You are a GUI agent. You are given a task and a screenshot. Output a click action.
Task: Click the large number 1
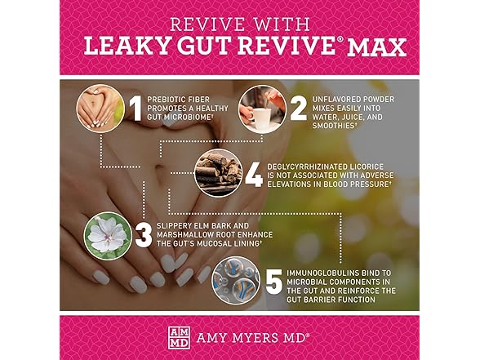tap(136, 109)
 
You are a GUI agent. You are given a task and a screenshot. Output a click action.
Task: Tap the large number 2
tap(298, 109)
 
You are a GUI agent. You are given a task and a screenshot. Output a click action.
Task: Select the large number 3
tap(144, 235)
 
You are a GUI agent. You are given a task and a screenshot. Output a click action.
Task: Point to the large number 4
tap(254, 176)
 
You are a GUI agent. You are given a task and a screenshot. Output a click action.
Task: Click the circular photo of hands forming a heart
tap(100, 109)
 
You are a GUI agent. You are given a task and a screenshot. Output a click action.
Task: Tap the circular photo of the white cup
tap(263, 109)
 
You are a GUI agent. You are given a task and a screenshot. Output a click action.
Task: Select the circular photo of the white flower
tap(108, 236)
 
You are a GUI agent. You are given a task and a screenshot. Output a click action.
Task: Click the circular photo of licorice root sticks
tap(219, 173)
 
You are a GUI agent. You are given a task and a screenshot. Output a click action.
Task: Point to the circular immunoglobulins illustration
tap(237, 281)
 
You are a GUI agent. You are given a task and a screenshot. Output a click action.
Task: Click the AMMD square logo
tap(179, 338)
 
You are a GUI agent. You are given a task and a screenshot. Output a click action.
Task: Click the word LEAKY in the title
tap(127, 46)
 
